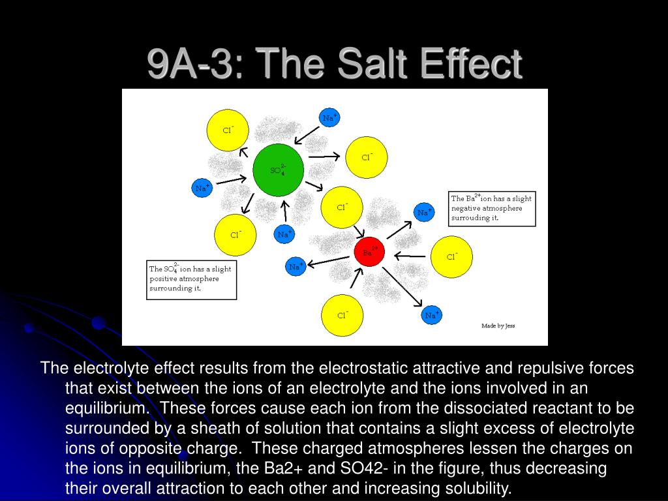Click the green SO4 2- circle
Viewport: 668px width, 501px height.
(x=278, y=170)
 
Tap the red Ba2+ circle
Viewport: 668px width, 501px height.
(x=369, y=252)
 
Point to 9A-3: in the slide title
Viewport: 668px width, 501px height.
(x=195, y=63)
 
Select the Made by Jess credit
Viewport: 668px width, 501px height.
(x=498, y=326)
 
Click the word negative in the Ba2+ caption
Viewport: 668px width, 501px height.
(x=464, y=208)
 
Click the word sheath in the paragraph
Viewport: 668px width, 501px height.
(x=215, y=428)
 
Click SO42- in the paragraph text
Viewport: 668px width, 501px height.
(x=364, y=468)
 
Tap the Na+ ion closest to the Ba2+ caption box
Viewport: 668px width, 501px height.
(x=424, y=212)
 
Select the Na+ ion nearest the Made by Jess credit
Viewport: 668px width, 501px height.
(x=432, y=315)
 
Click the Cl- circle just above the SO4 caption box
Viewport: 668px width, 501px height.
(x=235, y=235)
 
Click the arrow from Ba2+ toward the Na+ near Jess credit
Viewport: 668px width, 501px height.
(x=402, y=286)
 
